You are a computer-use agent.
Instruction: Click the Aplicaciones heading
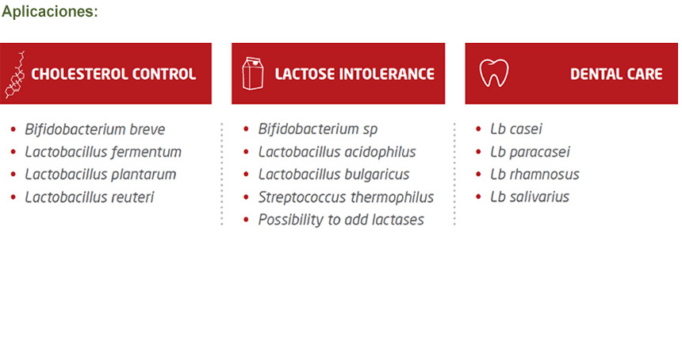coord(50,11)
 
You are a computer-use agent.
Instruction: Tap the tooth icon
coord(494,73)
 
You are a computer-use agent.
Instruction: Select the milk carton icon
coord(253,74)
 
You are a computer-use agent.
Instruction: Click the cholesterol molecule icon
coord(15,75)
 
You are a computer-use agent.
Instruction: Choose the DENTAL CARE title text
coord(616,74)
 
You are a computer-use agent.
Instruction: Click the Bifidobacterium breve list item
coord(95,129)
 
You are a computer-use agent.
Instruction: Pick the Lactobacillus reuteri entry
coord(90,197)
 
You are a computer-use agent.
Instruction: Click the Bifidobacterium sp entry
coord(318,129)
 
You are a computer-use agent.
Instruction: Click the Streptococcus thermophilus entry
coord(346,198)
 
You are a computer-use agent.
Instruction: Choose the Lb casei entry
coord(516,129)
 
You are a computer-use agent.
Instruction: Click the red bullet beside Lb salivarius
coord(478,197)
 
